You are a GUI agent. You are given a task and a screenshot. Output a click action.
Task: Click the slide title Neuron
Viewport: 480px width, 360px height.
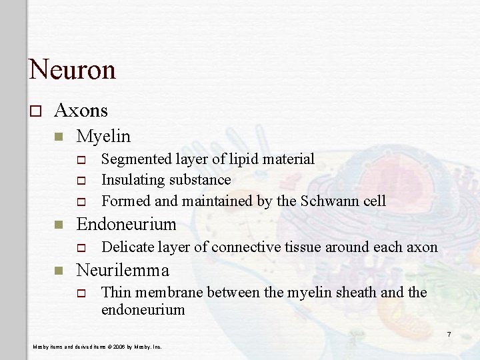click(x=72, y=69)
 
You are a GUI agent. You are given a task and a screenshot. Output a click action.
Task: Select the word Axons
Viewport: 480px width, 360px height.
click(x=81, y=109)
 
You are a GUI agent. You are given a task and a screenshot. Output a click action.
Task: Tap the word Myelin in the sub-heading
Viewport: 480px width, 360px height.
click(x=103, y=136)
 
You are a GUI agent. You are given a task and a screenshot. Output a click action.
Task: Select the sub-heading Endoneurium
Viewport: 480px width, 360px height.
click(x=127, y=224)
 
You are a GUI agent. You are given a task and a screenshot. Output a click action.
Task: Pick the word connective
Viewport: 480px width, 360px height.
click(x=246, y=247)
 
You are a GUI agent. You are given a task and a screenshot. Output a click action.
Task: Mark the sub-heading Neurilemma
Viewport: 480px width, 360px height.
click(x=123, y=270)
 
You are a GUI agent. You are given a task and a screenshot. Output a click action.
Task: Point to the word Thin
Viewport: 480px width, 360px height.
click(x=116, y=293)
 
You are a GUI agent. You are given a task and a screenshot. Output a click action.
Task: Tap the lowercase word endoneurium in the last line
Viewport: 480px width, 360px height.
click(x=143, y=309)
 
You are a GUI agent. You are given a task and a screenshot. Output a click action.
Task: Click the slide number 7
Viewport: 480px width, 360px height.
click(x=449, y=333)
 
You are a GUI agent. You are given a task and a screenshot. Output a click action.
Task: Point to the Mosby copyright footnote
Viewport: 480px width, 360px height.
click(x=97, y=347)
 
